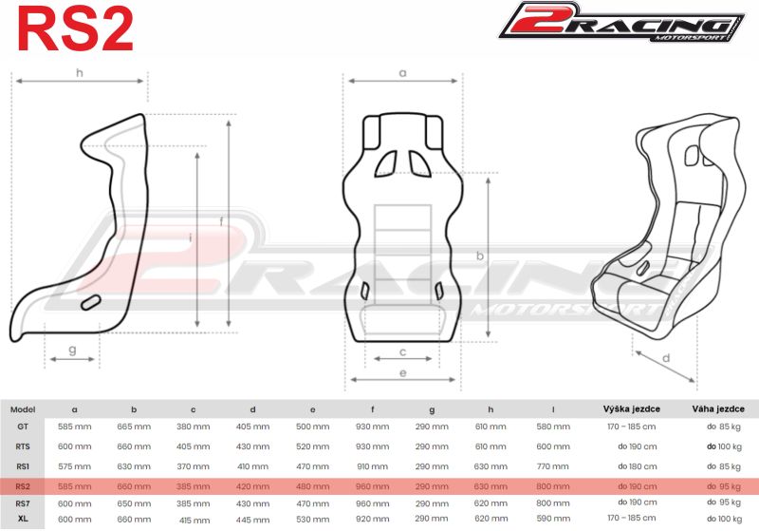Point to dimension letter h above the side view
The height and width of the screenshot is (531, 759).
point(80,72)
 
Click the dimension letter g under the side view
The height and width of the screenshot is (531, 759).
point(72,350)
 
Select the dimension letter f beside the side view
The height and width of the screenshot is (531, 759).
point(222,221)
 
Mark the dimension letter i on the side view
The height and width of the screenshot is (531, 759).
point(191,237)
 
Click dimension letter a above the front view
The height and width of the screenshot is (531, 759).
point(402,72)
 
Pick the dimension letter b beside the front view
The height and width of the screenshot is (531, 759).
point(480,256)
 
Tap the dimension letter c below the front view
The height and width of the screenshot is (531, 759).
point(402,351)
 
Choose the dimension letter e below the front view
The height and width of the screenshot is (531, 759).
point(402,374)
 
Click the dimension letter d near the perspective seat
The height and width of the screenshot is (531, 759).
point(666,358)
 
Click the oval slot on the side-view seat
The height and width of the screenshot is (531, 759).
point(92,303)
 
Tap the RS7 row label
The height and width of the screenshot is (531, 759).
point(22,502)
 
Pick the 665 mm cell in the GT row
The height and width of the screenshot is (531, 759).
point(134,427)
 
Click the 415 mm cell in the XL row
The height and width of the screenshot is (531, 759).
point(194,519)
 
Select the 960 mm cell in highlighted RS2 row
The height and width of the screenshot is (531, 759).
point(372,484)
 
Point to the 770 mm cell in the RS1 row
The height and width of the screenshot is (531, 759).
point(552,466)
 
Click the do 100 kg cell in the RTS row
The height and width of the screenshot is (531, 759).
point(725,446)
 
